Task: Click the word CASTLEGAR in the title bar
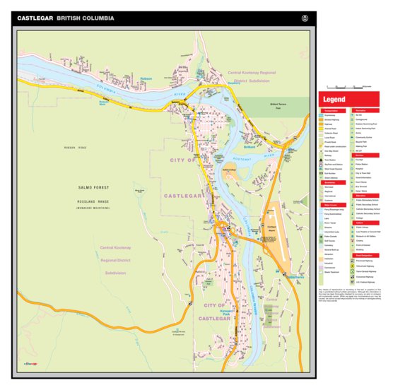pos(35,18)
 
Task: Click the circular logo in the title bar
pos(305,18)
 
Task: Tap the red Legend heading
pos(334,100)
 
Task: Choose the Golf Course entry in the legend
pos(332,238)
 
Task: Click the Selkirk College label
pos(228,170)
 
